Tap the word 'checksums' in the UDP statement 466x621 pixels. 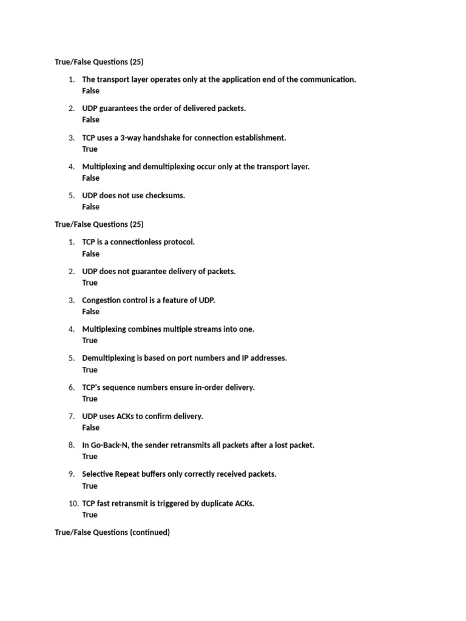click(x=163, y=195)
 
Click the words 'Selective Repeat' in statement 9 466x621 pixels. click(x=112, y=474)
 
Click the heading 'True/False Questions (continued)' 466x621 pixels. click(x=112, y=532)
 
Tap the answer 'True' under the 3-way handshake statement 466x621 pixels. click(x=90, y=149)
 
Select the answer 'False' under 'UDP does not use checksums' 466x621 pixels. click(x=91, y=207)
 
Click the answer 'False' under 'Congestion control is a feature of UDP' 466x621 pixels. click(x=91, y=312)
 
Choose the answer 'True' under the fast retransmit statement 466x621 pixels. click(x=90, y=515)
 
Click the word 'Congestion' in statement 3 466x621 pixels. click(x=103, y=300)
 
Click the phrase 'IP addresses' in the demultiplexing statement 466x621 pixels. click(x=265, y=358)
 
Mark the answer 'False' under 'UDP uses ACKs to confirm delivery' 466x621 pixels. click(x=91, y=428)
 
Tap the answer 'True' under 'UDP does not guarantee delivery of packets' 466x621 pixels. click(x=90, y=283)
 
